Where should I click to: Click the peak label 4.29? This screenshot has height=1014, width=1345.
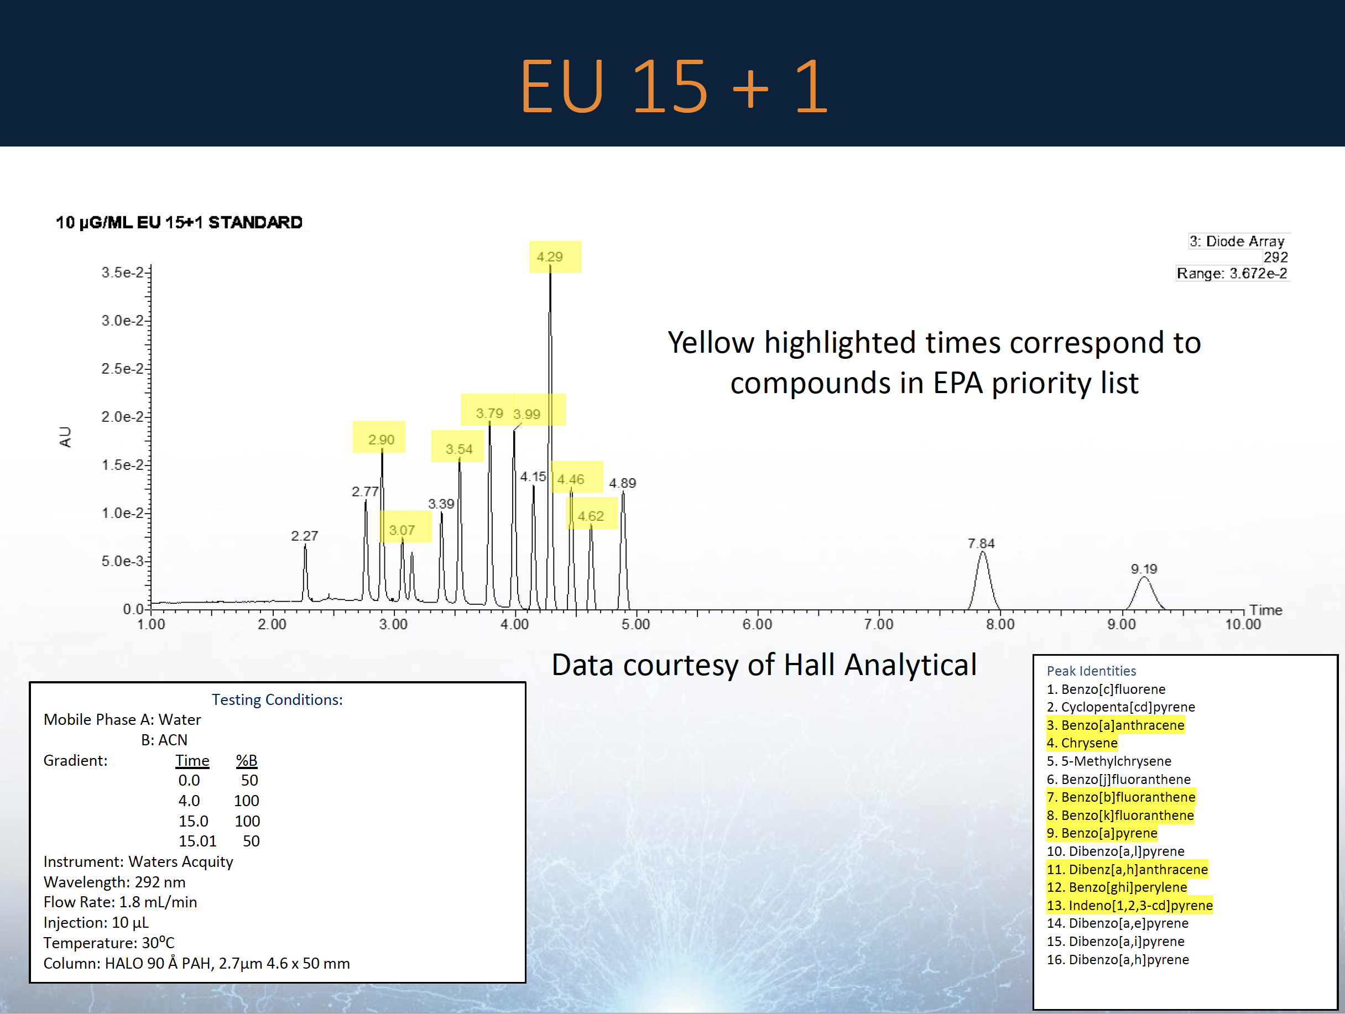[x=549, y=257]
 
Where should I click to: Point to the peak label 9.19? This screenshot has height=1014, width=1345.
[x=1144, y=569]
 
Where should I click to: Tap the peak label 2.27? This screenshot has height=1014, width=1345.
[x=304, y=536]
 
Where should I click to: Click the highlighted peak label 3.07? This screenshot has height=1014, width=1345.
[x=402, y=530]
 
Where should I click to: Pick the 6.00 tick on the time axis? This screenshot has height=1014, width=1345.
[x=757, y=624]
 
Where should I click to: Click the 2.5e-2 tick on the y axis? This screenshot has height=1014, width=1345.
[x=122, y=368]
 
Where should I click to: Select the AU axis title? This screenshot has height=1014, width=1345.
[x=65, y=437]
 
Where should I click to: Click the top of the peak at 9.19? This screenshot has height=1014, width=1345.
[x=1144, y=577]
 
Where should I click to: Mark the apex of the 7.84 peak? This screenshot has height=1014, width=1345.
[x=982, y=551]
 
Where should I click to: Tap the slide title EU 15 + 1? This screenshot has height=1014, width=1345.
[x=673, y=86]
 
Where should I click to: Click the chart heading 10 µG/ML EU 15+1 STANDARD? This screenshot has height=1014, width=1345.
[x=179, y=222]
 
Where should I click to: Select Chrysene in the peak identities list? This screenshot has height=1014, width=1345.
[x=1088, y=743]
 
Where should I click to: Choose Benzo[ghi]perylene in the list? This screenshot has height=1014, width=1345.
[x=1127, y=887]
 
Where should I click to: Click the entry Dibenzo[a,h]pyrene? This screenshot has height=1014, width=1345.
[x=1129, y=959]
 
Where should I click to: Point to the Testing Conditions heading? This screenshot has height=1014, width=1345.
[x=277, y=700]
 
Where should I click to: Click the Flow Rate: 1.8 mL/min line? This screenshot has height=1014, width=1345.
[x=121, y=902]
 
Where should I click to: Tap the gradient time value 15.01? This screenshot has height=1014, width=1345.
[x=197, y=841]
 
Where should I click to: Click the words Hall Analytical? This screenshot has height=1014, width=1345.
[x=880, y=665]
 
